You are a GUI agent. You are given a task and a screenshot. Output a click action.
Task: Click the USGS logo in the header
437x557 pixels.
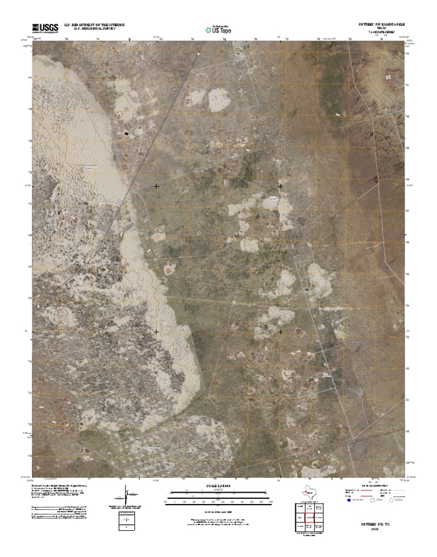46,27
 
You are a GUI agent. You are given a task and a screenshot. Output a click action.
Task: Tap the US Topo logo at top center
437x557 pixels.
218,29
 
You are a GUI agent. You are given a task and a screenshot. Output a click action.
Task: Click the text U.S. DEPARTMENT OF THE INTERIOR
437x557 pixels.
94,24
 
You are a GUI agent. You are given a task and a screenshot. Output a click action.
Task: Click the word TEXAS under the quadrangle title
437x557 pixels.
377,28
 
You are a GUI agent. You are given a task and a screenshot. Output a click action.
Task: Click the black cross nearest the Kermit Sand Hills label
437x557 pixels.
156,186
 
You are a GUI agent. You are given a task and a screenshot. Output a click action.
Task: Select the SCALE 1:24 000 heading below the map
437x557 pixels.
218,486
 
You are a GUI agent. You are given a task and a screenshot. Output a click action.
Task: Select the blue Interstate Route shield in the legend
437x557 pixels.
349,500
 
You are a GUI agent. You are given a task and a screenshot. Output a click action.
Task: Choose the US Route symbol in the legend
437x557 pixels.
373,500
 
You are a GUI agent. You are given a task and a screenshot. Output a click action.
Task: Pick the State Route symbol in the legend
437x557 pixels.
391,500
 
